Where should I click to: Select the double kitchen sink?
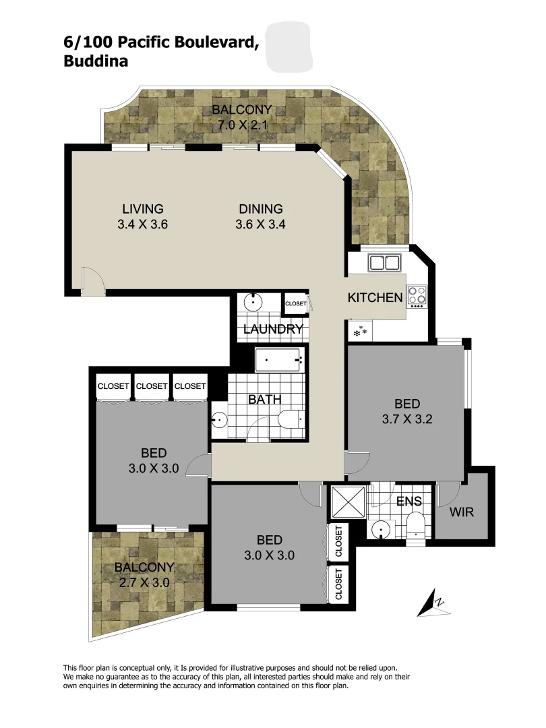point(384,263)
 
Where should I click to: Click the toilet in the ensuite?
point(416,525)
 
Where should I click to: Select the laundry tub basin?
point(254,301)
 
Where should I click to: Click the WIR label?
point(462,512)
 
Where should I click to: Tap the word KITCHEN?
point(375,297)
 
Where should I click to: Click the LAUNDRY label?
point(272,329)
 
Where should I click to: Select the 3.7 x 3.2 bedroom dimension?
point(407,418)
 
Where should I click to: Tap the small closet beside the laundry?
point(295,304)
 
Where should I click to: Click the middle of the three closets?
point(152,386)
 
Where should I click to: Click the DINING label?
point(260,209)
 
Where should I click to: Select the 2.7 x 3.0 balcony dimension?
point(144,581)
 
